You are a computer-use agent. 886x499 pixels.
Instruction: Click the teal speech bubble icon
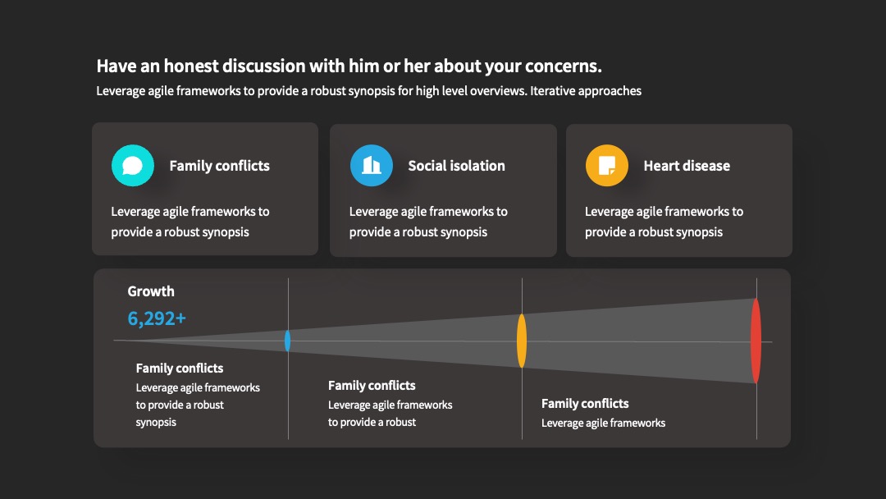(133, 166)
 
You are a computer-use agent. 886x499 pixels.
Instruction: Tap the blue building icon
(372, 166)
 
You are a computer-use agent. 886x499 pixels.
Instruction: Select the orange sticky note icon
(607, 166)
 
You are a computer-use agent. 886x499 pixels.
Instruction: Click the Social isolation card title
(457, 166)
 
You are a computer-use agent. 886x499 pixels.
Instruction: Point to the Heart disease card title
(687, 166)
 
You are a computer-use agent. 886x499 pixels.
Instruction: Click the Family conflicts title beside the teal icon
(219, 166)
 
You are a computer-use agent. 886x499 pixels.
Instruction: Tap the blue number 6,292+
(157, 318)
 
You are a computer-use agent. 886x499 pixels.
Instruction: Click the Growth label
(151, 291)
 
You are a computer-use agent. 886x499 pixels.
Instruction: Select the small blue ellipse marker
(288, 341)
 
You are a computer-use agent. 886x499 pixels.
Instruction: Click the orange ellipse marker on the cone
(522, 341)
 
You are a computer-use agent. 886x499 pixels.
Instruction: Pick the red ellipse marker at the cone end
(756, 341)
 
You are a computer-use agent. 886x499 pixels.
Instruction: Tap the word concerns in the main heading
(563, 66)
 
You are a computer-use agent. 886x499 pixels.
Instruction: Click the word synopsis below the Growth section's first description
(156, 422)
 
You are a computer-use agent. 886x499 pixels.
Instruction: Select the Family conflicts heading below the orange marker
(585, 404)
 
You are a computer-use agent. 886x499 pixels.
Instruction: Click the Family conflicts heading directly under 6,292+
(179, 368)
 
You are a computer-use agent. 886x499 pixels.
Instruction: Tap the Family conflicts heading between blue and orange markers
(372, 386)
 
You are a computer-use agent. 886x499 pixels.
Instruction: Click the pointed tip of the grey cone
(115, 341)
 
